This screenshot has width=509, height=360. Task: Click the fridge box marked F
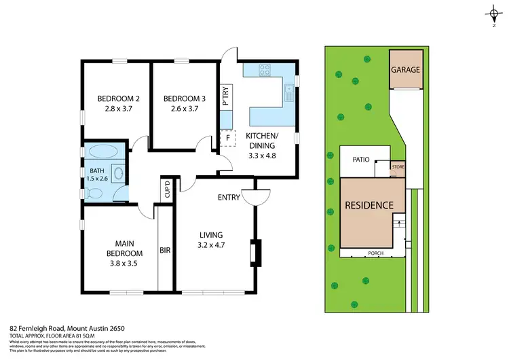[227, 137]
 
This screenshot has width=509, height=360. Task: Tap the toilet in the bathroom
[96, 194]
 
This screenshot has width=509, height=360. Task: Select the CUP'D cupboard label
[166, 190]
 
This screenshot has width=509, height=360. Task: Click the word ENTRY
[229, 198]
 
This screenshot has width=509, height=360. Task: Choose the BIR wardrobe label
[164, 250]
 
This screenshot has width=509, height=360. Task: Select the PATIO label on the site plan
[360, 160]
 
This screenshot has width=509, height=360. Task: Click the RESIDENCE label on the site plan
[369, 204]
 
